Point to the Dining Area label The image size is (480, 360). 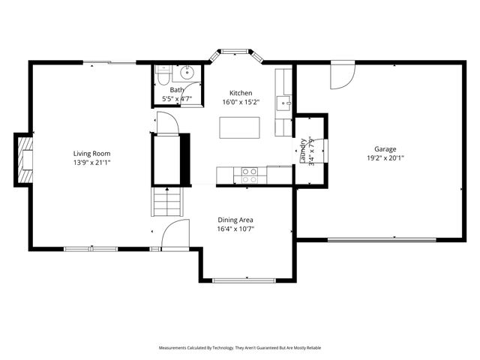235,220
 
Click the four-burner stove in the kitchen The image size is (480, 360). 249,175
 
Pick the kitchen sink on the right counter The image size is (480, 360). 284,102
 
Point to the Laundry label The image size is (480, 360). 304,150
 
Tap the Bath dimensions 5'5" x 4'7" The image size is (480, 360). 177,99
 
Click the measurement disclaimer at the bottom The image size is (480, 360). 240,348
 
